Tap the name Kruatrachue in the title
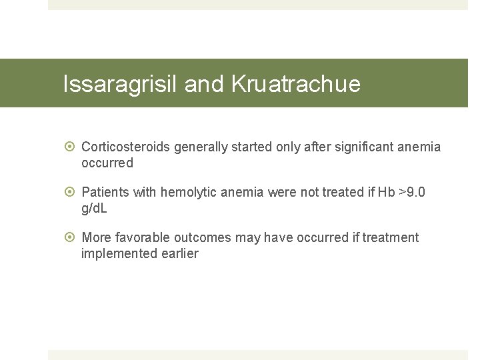point(295,84)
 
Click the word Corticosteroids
point(126,147)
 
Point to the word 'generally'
point(201,147)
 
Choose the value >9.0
point(412,193)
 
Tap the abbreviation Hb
point(386,193)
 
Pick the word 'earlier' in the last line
point(179,254)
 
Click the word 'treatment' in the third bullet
point(391,238)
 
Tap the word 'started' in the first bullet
point(251,147)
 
